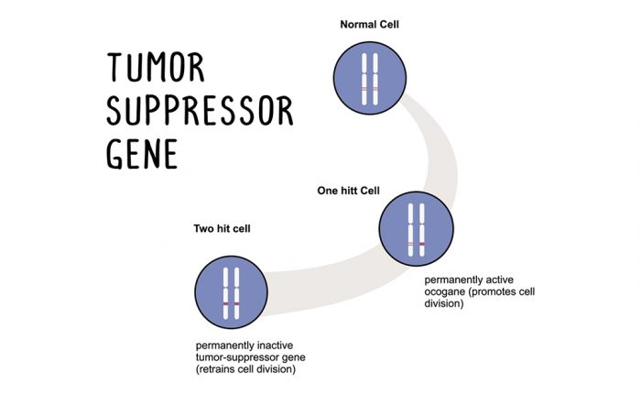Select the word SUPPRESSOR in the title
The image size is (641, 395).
pos(200,112)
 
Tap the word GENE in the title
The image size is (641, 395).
pos(141,153)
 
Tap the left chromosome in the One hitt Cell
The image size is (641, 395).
pos(411,229)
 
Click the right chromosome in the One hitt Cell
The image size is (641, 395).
pos(422,229)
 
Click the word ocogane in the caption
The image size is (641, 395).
pos(448,291)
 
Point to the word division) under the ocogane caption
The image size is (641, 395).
pos(444,303)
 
